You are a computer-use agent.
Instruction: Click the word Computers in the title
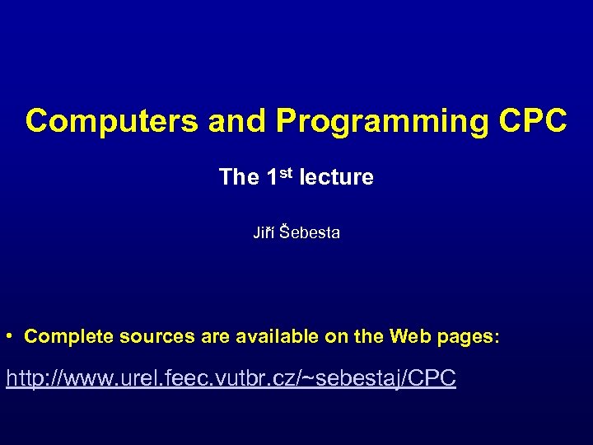pos(111,121)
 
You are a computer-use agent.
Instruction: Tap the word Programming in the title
pos(383,121)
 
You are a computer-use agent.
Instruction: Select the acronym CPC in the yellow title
pos(533,121)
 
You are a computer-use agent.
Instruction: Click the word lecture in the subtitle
pos(336,177)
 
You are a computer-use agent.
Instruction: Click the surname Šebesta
pos(310,233)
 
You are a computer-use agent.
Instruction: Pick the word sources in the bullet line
pos(154,336)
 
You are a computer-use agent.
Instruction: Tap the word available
pos(272,336)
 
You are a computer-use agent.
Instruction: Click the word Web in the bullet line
pos(409,336)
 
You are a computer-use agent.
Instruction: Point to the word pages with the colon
pos(467,336)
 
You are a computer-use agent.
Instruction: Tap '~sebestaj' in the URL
pos(359,379)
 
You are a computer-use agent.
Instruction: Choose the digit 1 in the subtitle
pos(273,177)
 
